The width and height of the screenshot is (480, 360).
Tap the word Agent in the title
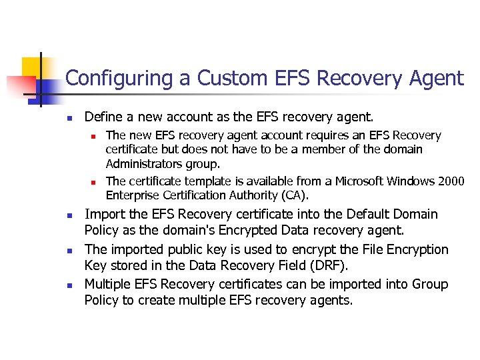[x=433, y=79]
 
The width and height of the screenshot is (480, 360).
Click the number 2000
[x=451, y=181]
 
